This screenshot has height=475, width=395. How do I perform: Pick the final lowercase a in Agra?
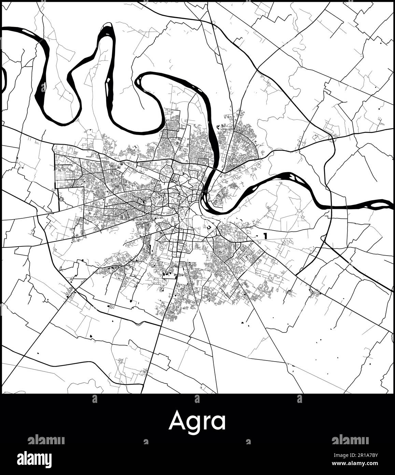click(219, 423)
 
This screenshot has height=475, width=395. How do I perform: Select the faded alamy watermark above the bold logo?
click(46, 439)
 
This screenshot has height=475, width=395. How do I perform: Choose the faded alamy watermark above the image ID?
click(350, 439)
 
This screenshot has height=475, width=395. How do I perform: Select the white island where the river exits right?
click(378, 205)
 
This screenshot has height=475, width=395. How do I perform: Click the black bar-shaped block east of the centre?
click(265, 235)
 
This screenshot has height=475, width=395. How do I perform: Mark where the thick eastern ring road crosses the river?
click(331, 207)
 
